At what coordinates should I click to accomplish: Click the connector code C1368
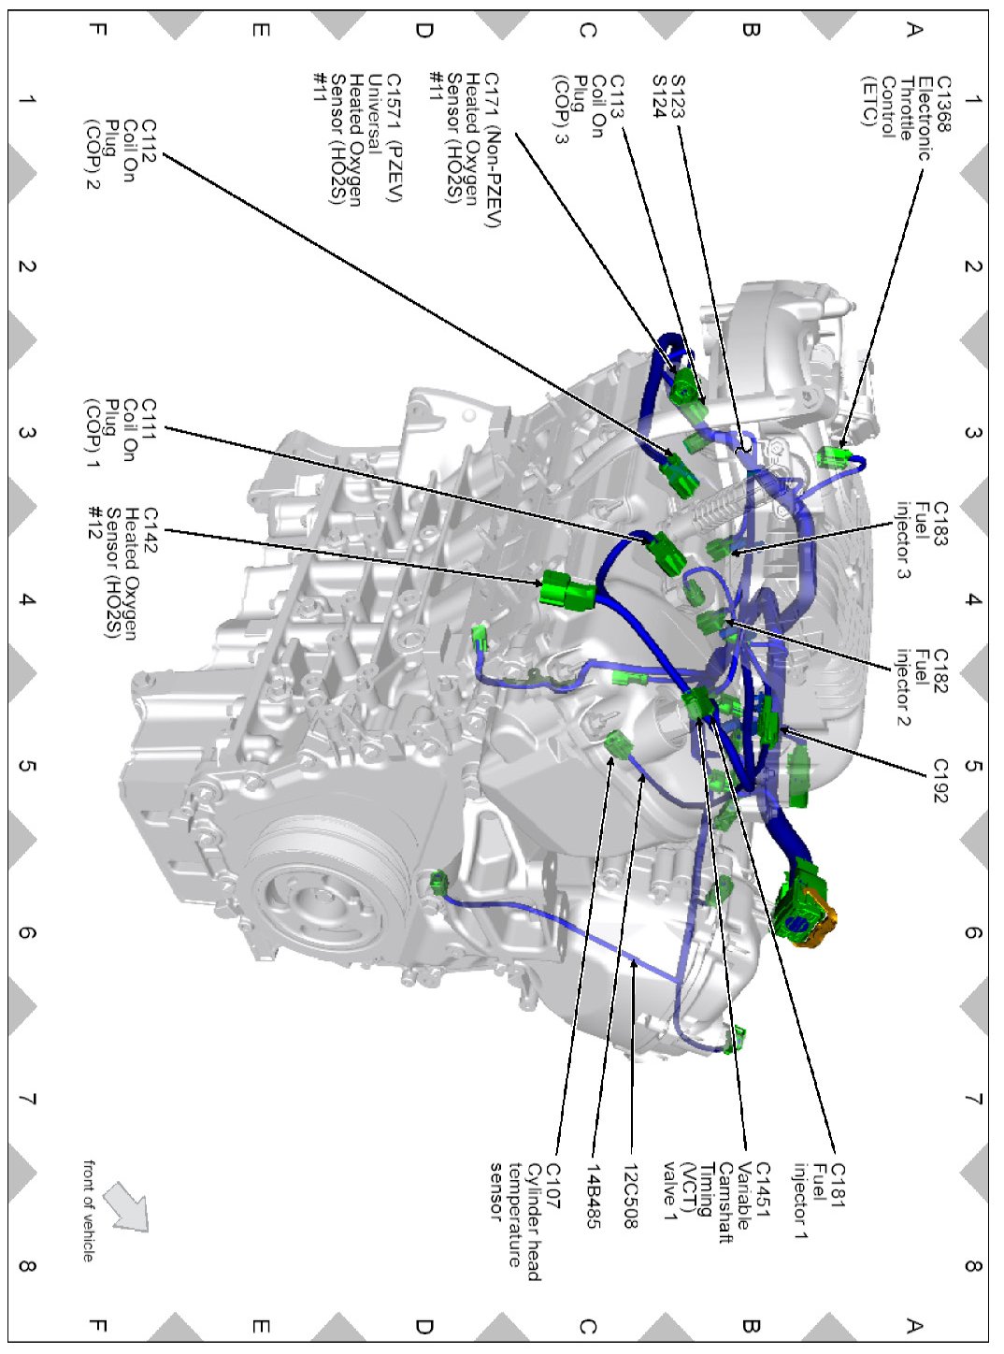coord(943,103)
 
